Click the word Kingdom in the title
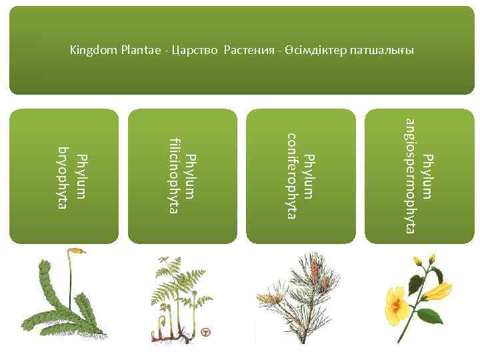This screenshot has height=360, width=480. click(90, 51)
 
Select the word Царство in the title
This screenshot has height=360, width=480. click(191, 51)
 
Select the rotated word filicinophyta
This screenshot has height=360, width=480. click(175, 175)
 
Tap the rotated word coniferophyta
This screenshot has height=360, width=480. click(291, 175)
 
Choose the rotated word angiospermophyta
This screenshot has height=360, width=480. click(411, 175)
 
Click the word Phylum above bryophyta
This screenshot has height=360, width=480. click(81, 176)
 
